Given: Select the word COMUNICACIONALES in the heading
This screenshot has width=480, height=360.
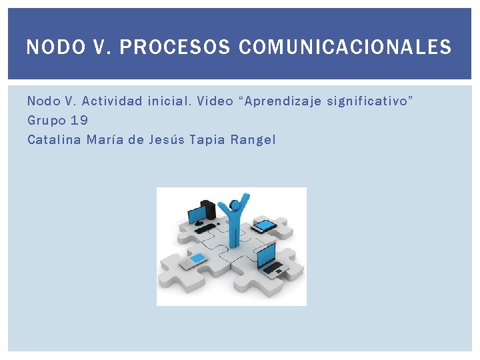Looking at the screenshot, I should (x=345, y=48).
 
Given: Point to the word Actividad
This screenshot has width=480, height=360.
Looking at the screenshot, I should (x=111, y=101).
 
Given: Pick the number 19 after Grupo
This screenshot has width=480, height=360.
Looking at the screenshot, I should (x=79, y=121).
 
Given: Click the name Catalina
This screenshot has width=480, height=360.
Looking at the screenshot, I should (x=54, y=140).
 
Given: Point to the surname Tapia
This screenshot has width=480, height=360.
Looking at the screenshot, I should (x=207, y=140).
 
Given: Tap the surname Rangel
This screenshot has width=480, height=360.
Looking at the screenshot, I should (x=253, y=140).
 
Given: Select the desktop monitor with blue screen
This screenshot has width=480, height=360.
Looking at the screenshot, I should (x=198, y=215).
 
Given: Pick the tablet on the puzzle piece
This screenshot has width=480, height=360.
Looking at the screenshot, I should (x=265, y=226).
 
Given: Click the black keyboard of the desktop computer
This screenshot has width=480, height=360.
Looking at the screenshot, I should (x=204, y=229).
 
